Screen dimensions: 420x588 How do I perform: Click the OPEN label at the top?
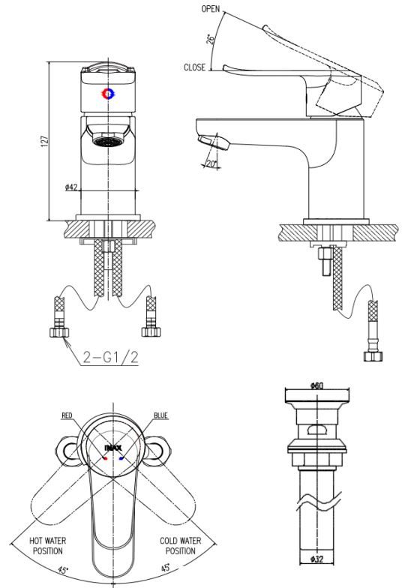pos(211,9)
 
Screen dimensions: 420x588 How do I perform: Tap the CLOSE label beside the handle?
pos(195,67)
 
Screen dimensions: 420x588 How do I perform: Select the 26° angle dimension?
pos(211,39)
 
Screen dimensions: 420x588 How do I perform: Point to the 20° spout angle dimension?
pos(211,163)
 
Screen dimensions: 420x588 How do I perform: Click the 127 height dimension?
pos(45,141)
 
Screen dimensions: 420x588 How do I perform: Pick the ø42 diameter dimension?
pos(70,187)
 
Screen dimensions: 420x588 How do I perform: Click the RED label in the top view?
pos(67,415)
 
